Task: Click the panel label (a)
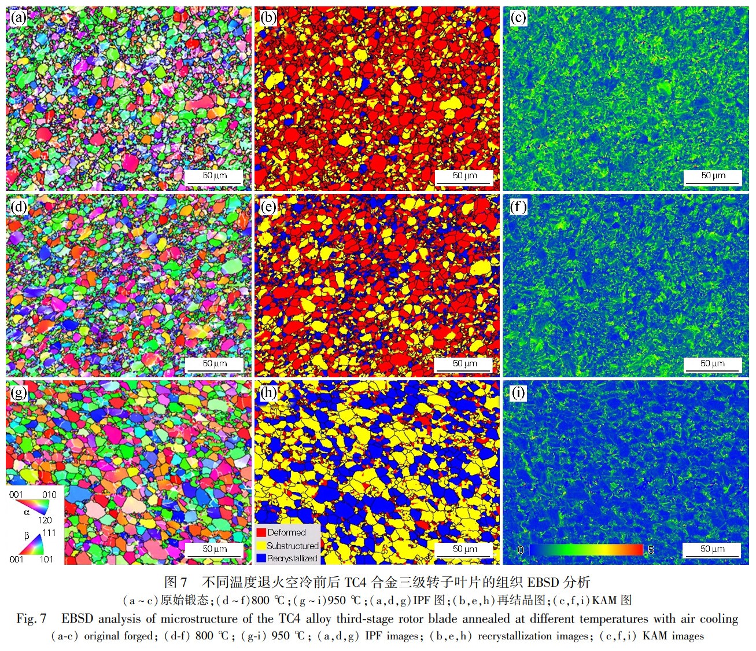[19, 18]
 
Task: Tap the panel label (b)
[268, 18]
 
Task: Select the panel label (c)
[518, 18]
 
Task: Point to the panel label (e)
[268, 207]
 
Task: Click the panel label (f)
[518, 207]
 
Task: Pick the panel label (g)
[19, 393]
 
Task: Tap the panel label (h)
[268, 393]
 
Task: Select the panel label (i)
[518, 393]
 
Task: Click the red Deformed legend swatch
[261, 532]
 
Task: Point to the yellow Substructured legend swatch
[261, 546]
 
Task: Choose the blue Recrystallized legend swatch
[261, 558]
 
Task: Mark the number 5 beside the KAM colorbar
[651, 550]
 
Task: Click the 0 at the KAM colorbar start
[520, 550]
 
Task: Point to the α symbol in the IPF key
[27, 512]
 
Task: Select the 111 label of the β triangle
[49, 532]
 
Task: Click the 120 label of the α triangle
[45, 520]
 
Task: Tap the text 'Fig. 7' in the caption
[31, 619]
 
